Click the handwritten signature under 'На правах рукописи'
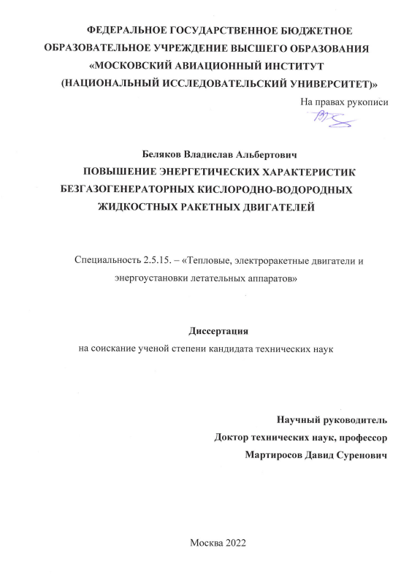click(329, 119)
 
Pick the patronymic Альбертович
click(261, 155)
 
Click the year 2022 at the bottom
click(235, 543)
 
